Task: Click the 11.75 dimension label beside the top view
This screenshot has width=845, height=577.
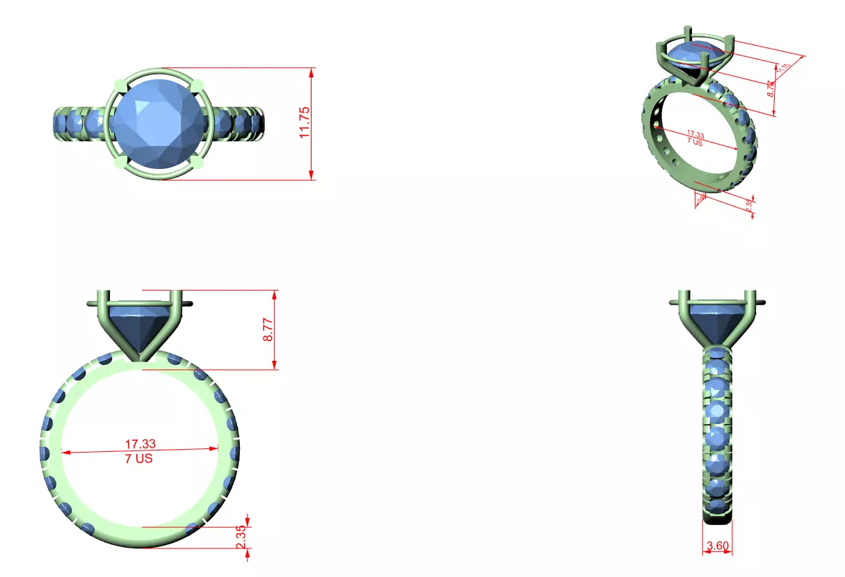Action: [x=305, y=123]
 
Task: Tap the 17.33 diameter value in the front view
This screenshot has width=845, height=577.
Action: [x=140, y=444]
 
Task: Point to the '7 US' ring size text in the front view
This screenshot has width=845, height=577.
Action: [x=139, y=459]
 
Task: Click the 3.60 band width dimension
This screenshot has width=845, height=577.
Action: [x=717, y=546]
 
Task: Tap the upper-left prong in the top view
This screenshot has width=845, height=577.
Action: [x=119, y=86]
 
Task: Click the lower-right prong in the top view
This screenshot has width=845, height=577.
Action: [x=196, y=163]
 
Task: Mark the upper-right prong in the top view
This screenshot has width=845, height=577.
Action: [x=197, y=85]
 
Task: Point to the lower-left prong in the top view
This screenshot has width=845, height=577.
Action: [x=119, y=163]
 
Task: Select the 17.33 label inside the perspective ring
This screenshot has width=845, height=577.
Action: [x=695, y=133]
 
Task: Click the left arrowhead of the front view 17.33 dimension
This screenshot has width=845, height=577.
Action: [x=65, y=453]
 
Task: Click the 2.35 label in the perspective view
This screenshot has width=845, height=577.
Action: [x=749, y=206]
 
